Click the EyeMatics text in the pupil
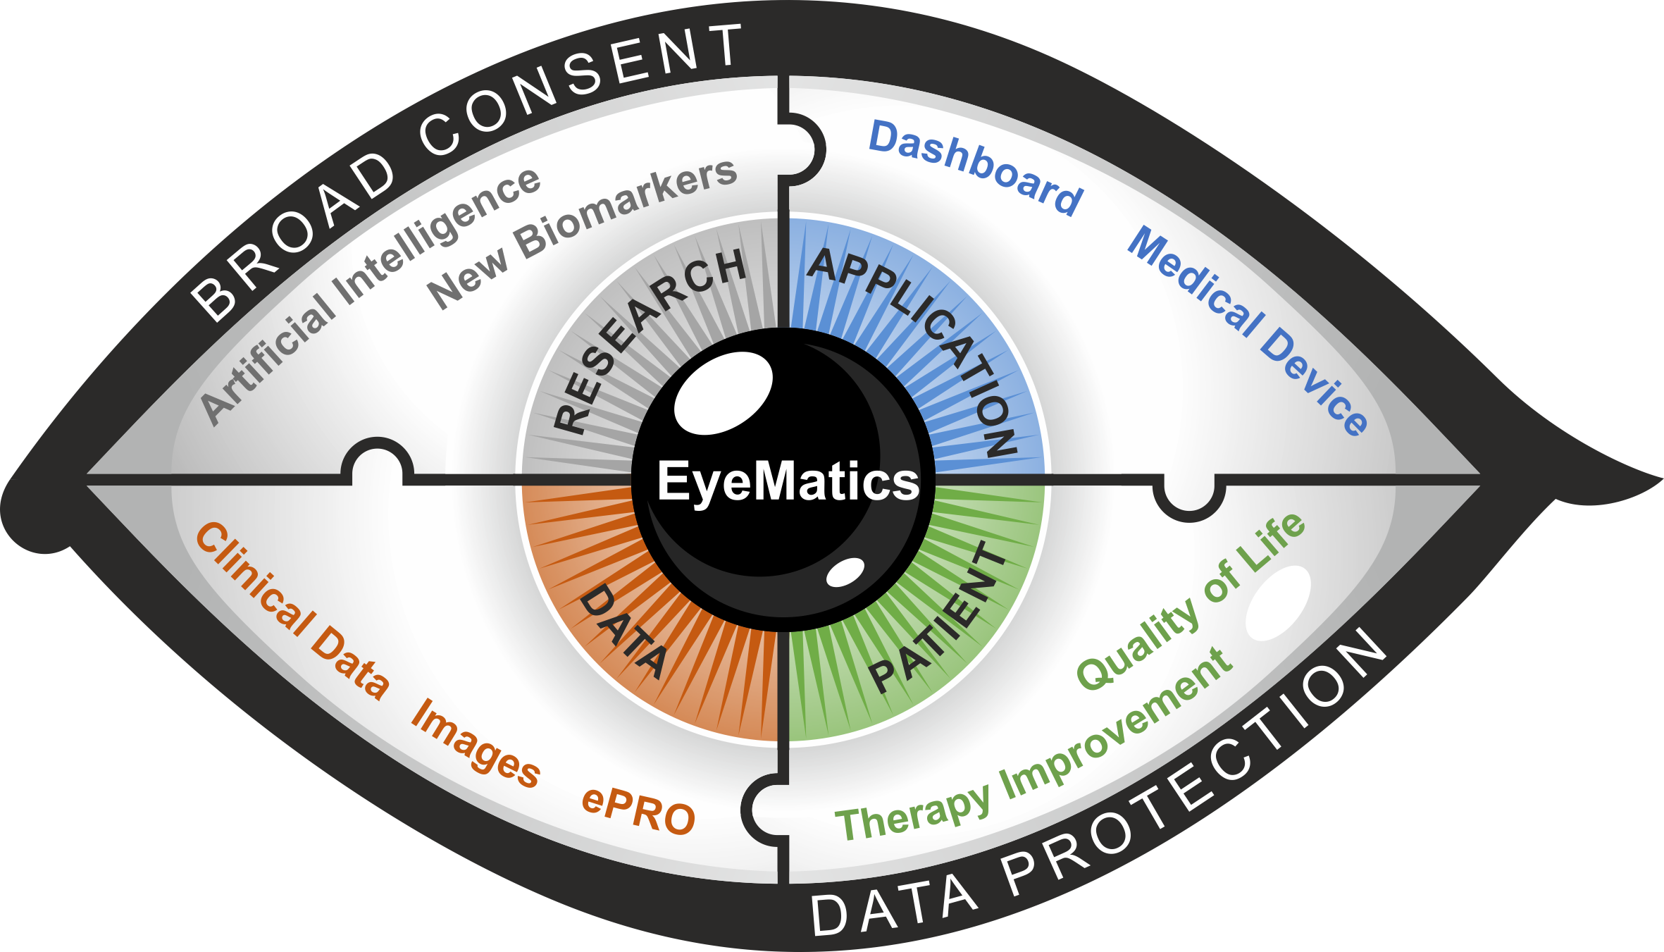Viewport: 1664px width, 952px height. click(788, 482)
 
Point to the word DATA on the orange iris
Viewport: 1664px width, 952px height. click(623, 631)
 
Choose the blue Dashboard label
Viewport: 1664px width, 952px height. click(976, 168)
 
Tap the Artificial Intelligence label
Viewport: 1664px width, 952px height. click(370, 296)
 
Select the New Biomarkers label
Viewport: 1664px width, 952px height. click(581, 233)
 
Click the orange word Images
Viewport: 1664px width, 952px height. click(476, 743)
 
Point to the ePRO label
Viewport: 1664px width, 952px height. click(638, 812)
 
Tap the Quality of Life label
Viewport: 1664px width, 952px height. click(1191, 602)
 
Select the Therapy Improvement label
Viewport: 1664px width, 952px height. click(1032, 750)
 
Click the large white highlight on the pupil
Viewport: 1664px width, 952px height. click(723, 392)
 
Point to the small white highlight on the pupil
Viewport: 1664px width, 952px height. click(845, 572)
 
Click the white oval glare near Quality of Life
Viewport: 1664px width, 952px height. click(1278, 603)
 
